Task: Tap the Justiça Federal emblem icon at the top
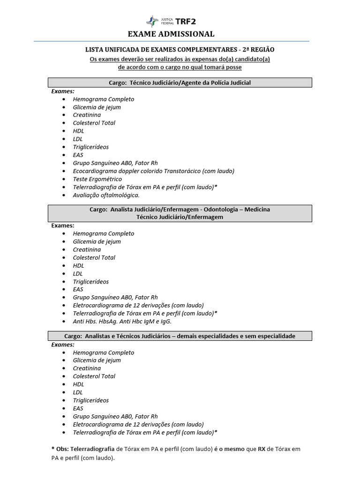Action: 153,21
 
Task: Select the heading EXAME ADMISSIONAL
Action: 171,34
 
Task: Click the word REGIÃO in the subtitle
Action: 262,49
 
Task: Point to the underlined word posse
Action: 233,67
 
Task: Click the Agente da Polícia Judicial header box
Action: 180,82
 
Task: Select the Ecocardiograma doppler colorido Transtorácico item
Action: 153,171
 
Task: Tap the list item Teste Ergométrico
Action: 97,179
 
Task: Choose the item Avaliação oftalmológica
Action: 106,195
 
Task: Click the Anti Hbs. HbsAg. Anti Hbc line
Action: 122,322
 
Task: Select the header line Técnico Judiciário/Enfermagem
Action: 180,217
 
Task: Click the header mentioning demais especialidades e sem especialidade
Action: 180,336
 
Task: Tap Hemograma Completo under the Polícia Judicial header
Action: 103,99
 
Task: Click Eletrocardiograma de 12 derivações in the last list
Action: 129,424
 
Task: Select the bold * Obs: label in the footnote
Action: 60,449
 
